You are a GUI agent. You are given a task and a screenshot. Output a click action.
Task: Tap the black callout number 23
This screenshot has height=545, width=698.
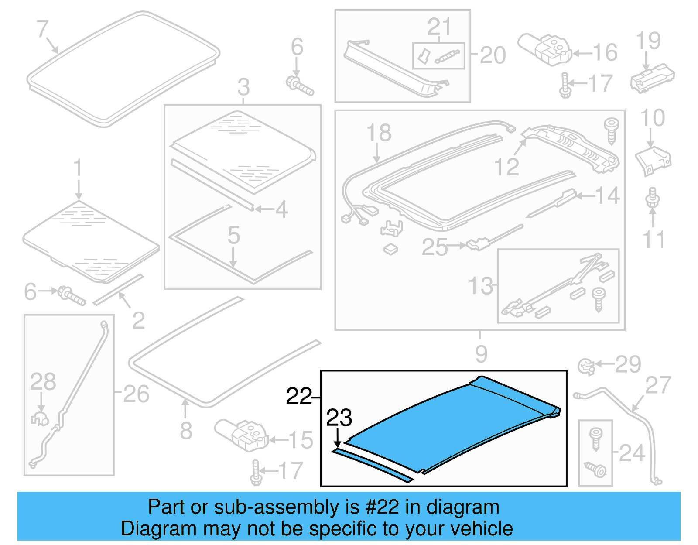339,418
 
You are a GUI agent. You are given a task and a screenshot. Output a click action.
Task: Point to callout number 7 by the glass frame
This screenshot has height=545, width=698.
42,29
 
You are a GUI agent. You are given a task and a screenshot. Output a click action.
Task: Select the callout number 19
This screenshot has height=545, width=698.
648,41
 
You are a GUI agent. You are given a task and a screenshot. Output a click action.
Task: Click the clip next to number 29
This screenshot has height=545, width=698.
586,366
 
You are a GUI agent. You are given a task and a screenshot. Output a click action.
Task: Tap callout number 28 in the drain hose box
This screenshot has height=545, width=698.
43,381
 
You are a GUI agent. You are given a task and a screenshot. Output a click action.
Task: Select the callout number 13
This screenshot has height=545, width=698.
480,286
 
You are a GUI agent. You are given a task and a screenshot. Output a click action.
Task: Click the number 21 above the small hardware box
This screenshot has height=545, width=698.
439,27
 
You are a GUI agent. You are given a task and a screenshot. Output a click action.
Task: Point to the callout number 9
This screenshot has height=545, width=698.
481,353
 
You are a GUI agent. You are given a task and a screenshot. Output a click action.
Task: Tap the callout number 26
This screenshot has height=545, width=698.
136,394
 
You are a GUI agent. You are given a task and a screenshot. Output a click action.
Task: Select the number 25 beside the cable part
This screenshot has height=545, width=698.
434,247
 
